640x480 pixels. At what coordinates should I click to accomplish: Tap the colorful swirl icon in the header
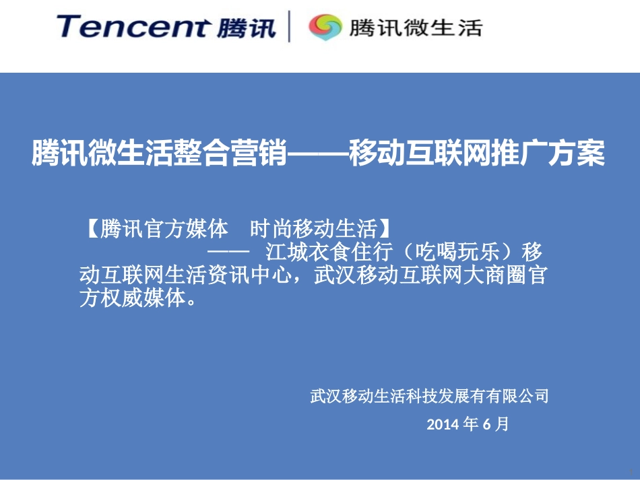[x=325, y=28]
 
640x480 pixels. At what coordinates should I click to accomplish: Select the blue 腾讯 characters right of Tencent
[x=247, y=28]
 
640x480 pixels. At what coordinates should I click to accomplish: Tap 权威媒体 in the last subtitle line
[x=149, y=299]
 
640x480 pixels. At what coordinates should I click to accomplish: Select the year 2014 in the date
[x=443, y=424]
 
